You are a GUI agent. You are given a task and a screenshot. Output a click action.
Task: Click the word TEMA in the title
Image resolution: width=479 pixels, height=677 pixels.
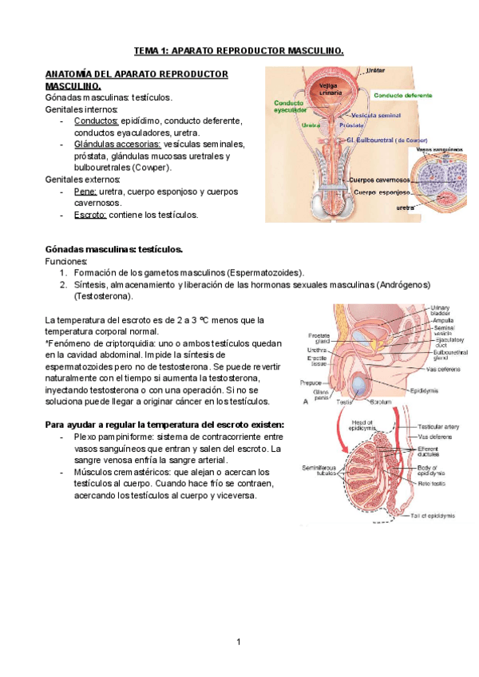[x=146, y=51]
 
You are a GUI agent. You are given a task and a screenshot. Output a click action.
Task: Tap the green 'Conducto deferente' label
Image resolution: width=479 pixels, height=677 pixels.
[x=405, y=94]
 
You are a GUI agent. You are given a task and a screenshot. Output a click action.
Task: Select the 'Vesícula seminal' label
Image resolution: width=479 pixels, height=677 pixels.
[x=376, y=115]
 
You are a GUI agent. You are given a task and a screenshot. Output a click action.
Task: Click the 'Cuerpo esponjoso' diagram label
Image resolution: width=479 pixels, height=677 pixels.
[x=382, y=192]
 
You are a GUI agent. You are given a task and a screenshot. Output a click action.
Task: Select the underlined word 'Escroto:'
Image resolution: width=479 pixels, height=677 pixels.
[x=89, y=215]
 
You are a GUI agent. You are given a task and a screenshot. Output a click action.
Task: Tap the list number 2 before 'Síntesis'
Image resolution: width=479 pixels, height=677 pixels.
[x=62, y=284]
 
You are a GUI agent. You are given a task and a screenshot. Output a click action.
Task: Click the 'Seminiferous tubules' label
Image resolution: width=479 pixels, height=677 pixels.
[x=316, y=470]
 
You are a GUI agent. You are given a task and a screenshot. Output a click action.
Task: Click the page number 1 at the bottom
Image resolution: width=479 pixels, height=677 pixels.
[x=238, y=641]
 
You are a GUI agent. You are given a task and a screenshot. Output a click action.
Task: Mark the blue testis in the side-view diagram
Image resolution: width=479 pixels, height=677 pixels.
[x=362, y=387]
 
